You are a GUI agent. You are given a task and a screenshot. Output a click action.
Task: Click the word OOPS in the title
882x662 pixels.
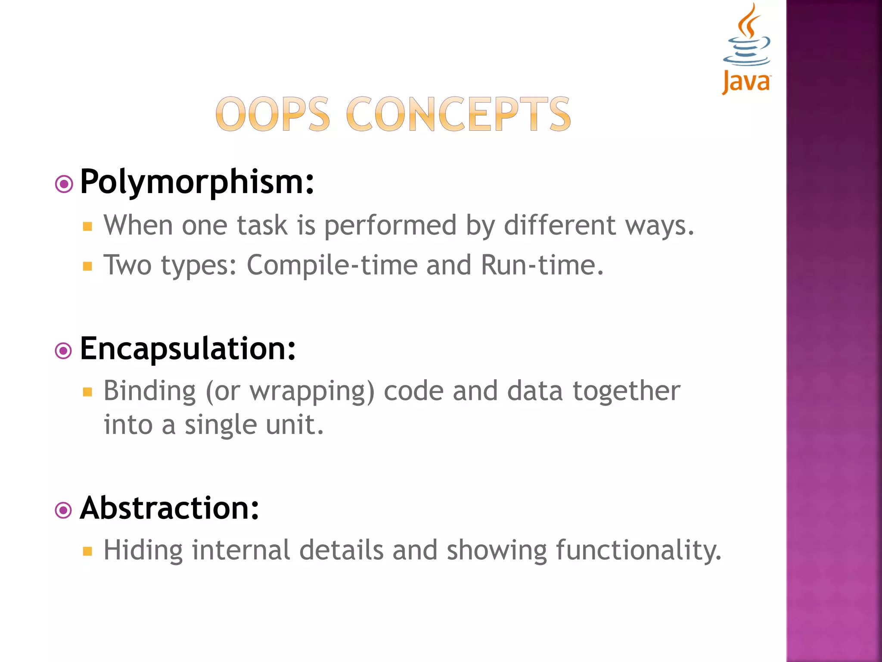pos(273,114)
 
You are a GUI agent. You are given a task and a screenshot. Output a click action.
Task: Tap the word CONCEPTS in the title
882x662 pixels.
pos(458,114)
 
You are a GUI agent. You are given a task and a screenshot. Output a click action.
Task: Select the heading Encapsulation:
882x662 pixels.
pos(188,349)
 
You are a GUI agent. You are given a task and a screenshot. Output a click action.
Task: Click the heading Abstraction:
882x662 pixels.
pos(170,509)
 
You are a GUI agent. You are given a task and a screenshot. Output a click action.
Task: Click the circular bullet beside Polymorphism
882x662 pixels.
pos(64,184)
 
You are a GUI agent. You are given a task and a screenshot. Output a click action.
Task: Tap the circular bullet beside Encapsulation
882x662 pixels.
pos(64,351)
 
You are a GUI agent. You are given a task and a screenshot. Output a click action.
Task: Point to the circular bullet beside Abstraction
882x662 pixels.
pos(64,511)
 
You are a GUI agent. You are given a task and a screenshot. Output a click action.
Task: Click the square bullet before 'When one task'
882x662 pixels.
pos(88,227)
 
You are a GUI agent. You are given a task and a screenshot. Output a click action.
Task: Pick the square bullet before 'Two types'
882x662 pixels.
pos(88,266)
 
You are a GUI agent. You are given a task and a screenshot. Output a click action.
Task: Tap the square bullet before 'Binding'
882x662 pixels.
pos(88,392)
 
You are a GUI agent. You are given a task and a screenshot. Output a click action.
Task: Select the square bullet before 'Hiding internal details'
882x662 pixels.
pos(88,551)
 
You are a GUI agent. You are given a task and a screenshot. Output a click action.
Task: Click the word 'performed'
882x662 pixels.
pos(390,226)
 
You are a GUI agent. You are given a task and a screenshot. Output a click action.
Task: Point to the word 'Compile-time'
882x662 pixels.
pos(332,265)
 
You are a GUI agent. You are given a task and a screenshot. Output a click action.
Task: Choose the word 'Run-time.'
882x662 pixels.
pos(542,265)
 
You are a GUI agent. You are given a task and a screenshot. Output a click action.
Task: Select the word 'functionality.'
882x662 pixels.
pos(638,551)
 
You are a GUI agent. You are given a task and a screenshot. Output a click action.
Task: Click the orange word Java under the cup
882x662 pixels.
pos(746,82)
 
